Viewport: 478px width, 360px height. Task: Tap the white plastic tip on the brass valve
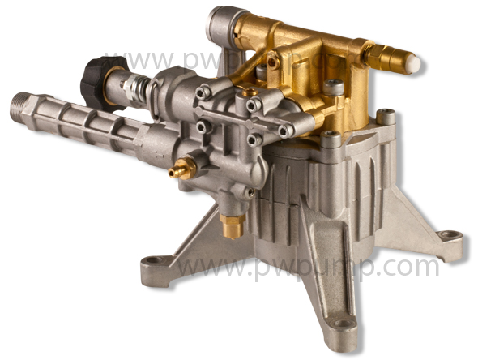(x=415, y=63)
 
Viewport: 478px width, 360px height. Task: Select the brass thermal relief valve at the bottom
(x=233, y=225)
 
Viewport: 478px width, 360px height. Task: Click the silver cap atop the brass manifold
(x=220, y=26)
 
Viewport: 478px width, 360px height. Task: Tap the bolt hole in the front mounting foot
(x=341, y=324)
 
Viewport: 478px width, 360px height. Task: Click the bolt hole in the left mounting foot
(x=154, y=260)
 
